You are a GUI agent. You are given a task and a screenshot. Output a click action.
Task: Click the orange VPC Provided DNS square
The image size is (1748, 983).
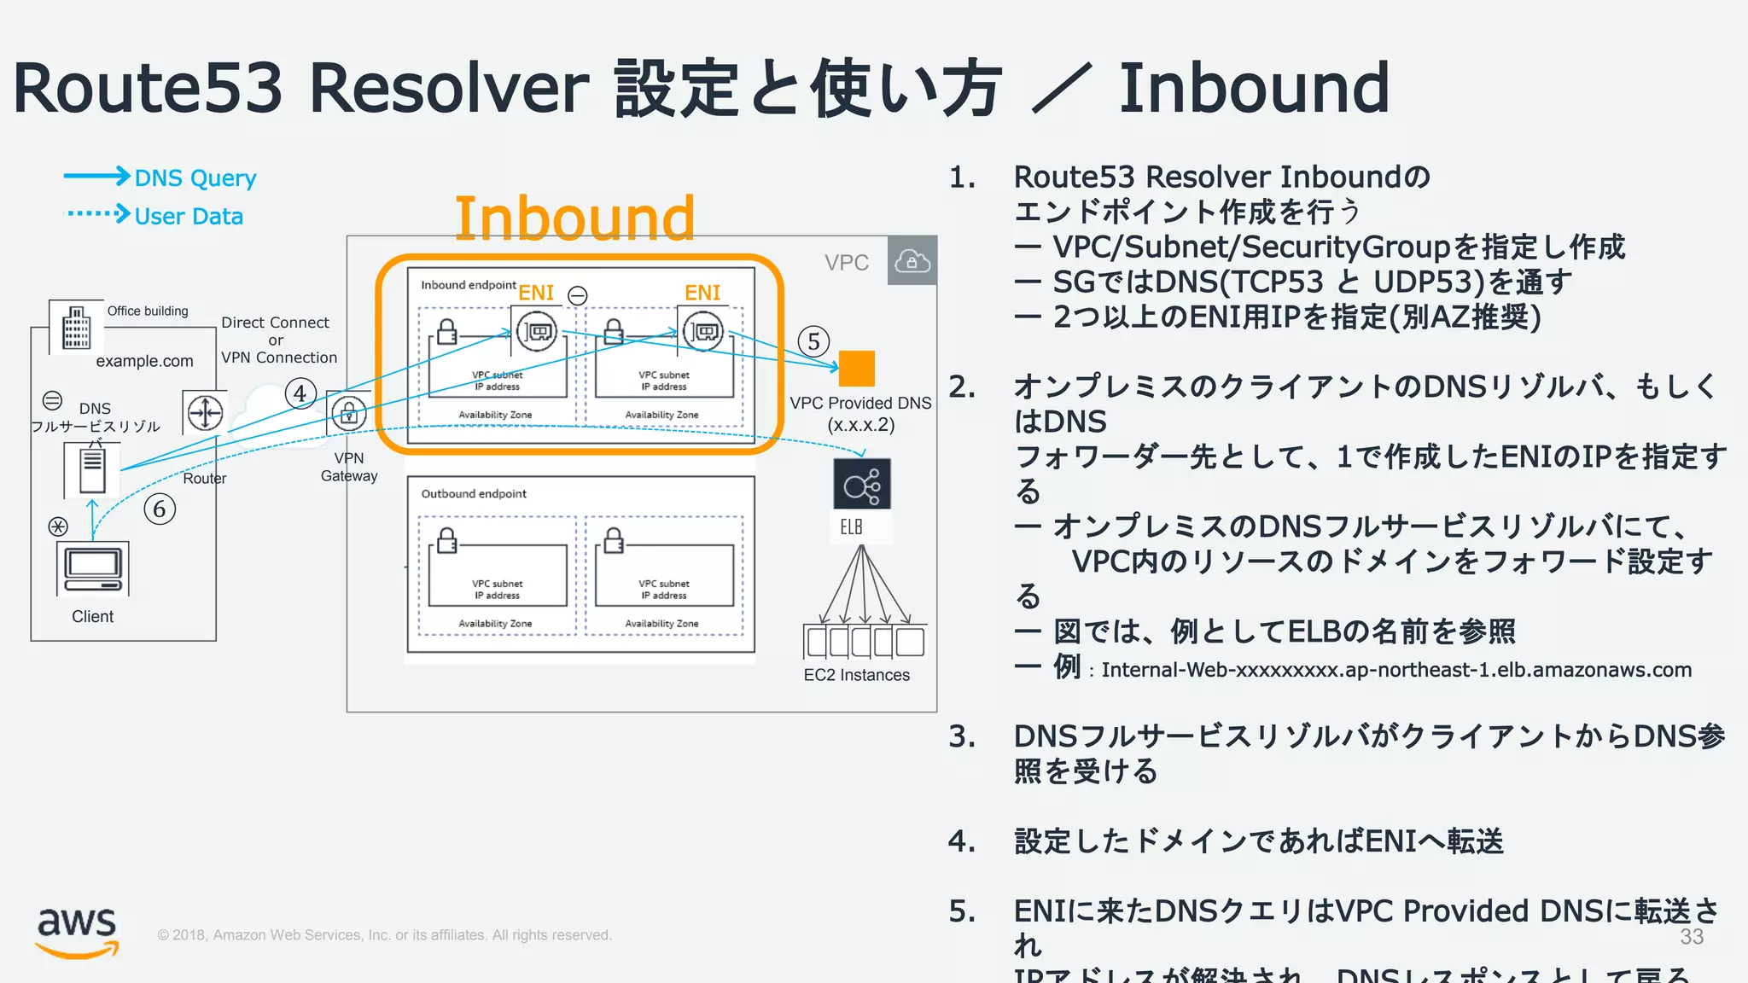[856, 369]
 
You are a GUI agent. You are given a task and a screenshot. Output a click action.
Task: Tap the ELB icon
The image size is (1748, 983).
[862, 485]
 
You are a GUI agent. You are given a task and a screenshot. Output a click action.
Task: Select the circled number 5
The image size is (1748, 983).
[813, 342]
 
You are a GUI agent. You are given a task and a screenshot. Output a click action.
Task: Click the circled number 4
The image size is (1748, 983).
[300, 393]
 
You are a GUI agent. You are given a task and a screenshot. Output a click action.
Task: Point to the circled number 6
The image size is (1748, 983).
[160, 509]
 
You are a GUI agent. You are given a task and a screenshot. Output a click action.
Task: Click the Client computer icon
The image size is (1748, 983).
[93, 569]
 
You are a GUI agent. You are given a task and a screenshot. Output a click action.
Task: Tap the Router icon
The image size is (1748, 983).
[205, 413]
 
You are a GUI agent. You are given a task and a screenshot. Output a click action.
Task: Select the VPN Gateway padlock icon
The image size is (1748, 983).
[348, 414]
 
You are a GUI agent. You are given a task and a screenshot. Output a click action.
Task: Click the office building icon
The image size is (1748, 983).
[76, 327]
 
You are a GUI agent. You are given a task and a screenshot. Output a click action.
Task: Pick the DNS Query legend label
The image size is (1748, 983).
[195, 177]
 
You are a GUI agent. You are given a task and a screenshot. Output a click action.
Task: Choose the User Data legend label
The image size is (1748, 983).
[189, 216]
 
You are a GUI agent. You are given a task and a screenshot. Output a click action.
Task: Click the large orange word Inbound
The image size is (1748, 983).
[574, 218]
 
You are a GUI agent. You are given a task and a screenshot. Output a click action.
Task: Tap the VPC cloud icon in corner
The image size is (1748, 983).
[912, 260]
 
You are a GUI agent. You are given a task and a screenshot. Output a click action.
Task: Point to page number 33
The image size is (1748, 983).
[1692, 936]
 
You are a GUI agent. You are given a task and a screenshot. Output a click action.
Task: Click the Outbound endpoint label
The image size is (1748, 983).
[474, 493]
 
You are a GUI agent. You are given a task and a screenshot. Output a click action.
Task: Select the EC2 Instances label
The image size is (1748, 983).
[856, 675]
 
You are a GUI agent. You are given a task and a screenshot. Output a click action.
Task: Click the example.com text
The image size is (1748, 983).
[144, 361]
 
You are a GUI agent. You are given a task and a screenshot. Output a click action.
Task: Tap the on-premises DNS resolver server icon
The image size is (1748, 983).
[92, 470]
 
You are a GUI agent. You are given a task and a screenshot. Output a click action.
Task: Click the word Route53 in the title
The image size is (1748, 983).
[147, 88]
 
